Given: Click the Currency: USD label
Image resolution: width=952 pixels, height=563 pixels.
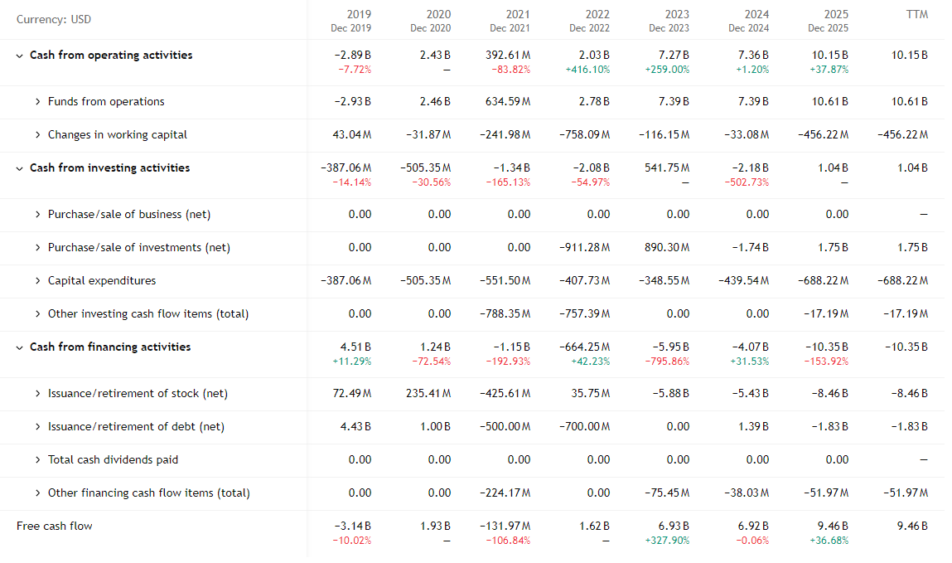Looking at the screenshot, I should [x=54, y=20].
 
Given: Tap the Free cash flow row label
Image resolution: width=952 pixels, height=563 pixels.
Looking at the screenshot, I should [x=55, y=526].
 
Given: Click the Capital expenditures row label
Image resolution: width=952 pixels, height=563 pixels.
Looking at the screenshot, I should [x=102, y=280].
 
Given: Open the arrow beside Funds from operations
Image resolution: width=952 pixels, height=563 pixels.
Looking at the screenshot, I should [x=38, y=101].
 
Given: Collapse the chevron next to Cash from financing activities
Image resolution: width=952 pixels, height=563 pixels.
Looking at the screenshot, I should [x=20, y=347].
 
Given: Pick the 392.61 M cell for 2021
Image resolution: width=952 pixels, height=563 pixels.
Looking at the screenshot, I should [x=508, y=55].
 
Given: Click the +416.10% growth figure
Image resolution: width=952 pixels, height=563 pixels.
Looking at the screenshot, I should [x=587, y=70].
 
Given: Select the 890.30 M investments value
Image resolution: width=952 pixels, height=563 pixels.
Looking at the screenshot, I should [x=667, y=247].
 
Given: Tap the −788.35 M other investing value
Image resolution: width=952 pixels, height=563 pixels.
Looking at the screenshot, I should [x=505, y=313].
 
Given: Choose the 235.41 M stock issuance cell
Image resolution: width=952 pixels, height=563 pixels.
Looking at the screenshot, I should [x=428, y=393].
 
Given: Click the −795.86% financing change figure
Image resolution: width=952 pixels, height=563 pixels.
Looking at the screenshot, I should [x=667, y=362].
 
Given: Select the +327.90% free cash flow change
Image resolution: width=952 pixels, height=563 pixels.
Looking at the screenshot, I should [x=667, y=541].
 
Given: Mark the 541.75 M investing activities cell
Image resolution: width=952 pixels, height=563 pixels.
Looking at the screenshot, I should [x=667, y=167].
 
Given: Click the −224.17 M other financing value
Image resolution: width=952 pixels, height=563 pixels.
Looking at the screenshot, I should [x=505, y=493].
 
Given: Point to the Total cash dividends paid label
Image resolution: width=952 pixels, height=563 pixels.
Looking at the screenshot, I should [x=113, y=459].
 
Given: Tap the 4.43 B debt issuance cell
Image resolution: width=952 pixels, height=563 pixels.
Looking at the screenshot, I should [x=355, y=426].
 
